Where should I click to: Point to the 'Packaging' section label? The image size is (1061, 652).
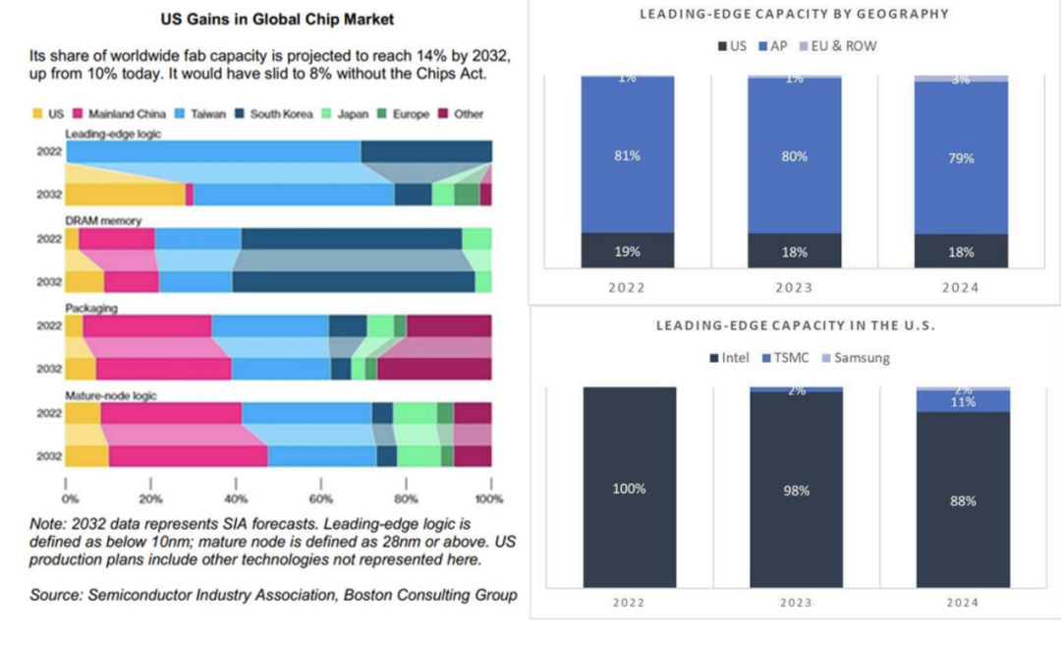pos(91,308)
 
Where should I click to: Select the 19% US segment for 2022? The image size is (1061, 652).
pos(628,251)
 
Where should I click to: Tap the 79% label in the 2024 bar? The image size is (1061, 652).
pos(961,158)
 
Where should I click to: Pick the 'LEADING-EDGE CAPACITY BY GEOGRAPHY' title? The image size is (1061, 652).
pos(795,14)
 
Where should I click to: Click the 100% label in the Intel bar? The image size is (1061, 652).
pos(629,489)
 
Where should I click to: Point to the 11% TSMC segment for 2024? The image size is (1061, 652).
pos(962,401)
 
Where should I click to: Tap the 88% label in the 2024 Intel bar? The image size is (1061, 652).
pos(962,501)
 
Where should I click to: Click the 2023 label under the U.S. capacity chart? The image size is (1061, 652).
pos(795,603)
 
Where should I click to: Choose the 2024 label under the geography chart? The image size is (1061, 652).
pos(961,287)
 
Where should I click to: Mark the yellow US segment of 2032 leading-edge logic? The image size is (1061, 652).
pos(125,194)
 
